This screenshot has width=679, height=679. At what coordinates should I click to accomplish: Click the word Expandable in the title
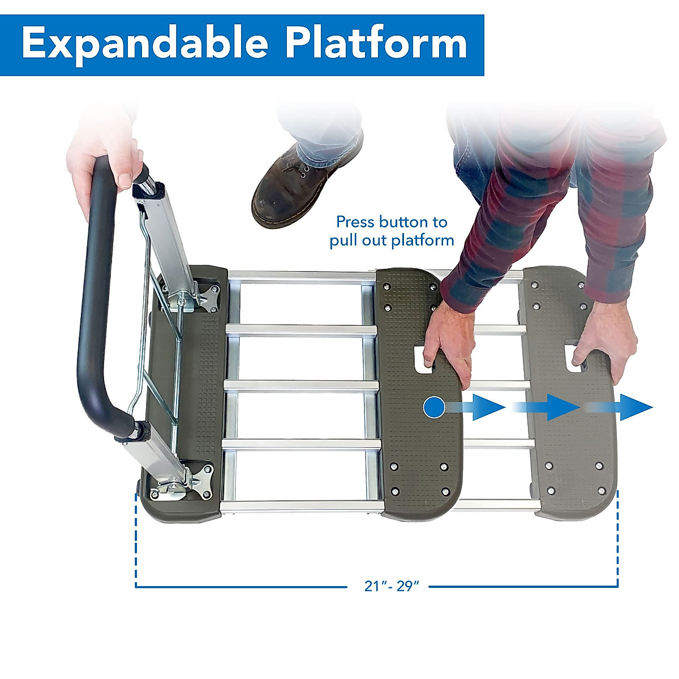click(145, 44)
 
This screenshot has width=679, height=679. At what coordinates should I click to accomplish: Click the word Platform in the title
click(376, 44)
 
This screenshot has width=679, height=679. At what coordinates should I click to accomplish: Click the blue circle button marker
click(434, 407)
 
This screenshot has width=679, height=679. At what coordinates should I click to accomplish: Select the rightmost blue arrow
click(628, 407)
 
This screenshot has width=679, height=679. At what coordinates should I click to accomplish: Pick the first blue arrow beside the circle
click(481, 407)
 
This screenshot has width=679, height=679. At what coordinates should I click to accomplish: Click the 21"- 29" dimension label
click(391, 586)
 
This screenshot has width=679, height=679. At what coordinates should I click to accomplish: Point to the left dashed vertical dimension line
click(136, 538)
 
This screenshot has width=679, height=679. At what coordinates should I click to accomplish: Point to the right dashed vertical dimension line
click(617, 538)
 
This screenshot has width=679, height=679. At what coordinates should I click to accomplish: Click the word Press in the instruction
click(355, 221)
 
